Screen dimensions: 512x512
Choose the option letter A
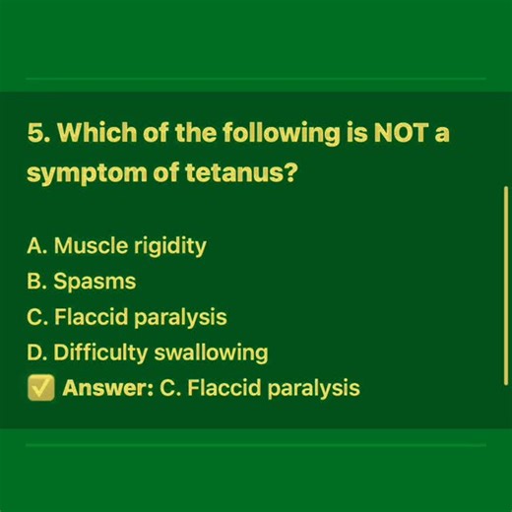pos(34,246)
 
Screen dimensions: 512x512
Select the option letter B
pos(34,282)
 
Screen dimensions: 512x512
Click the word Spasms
pos(95,282)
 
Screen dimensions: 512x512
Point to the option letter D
pos(35,352)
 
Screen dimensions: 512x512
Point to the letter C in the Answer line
pos(166,388)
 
